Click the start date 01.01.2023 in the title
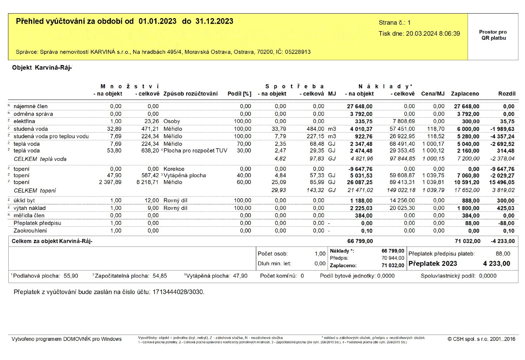[157, 21]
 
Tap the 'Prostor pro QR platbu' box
[493, 35]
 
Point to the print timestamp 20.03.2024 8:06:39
[433, 34]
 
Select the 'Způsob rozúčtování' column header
[190, 94]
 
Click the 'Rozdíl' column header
[507, 94]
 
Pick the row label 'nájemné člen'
[31, 106]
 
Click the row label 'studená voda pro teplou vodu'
[51, 136]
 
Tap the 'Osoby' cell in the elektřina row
[172, 121]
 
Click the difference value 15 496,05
[502, 182]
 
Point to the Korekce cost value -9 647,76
[360, 169]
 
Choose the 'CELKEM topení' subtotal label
[35, 190]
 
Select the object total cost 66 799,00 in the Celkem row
[360, 241]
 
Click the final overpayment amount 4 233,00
[496, 264]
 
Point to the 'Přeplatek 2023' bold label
[432, 264]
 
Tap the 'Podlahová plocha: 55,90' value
[45, 276]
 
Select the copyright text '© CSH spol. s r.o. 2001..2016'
[481, 339]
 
